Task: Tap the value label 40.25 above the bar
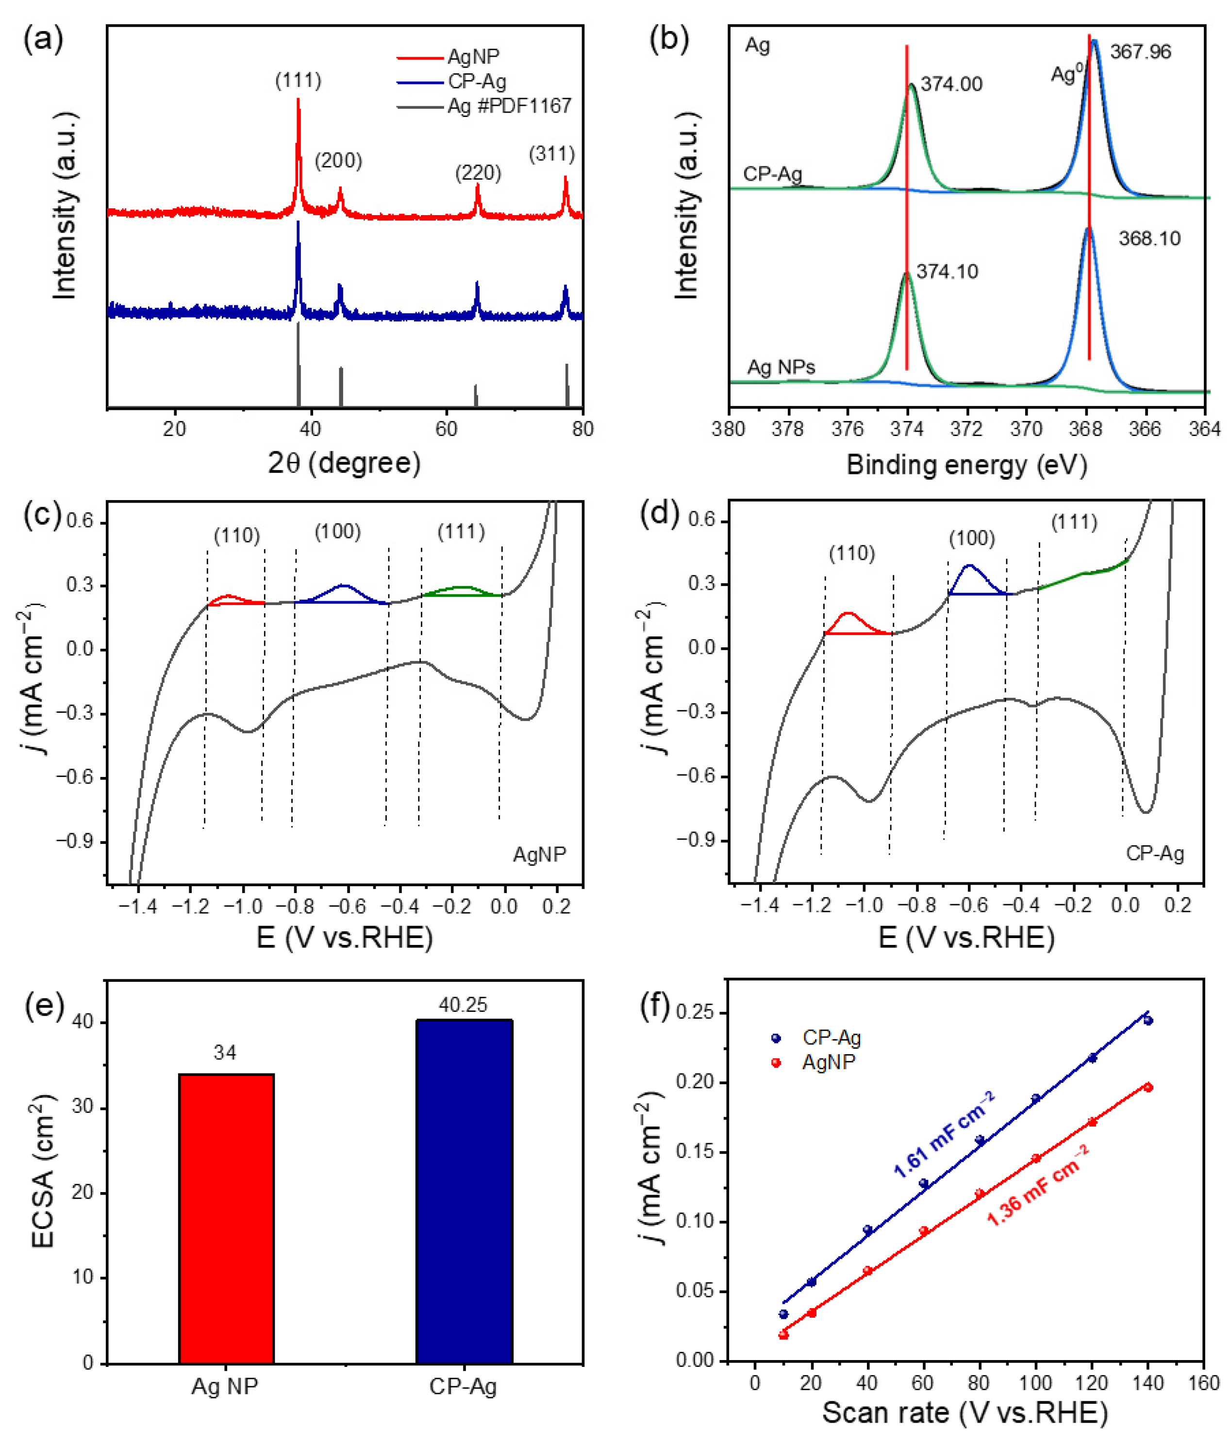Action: pyautogui.click(x=463, y=1005)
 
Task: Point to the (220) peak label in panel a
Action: pyautogui.click(x=478, y=173)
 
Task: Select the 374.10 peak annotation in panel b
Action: pyautogui.click(x=947, y=272)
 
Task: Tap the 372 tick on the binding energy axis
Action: pyautogui.click(x=966, y=429)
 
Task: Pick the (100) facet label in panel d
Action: pyautogui.click(x=972, y=538)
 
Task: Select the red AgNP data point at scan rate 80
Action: pyautogui.click(x=980, y=1194)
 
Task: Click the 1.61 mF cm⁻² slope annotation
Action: pyautogui.click(x=944, y=1135)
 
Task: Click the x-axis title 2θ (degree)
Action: pyautogui.click(x=345, y=462)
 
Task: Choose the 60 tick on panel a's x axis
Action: pyautogui.click(x=446, y=429)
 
